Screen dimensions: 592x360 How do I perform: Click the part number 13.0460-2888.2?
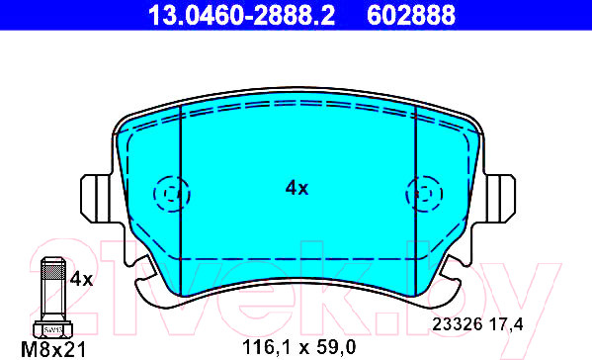241,16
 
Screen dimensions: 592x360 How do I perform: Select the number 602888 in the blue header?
411,16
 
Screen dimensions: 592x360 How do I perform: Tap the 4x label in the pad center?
296,188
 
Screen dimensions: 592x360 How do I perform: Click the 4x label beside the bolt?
81,280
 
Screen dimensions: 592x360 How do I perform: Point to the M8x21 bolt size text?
53,350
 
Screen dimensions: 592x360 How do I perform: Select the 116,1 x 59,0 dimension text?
298,347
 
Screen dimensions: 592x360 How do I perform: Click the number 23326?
458,324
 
